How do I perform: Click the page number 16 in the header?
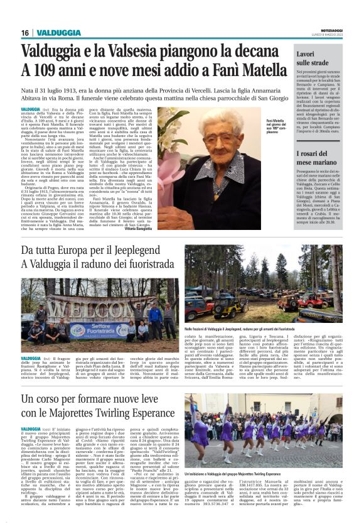pos(25,33)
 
